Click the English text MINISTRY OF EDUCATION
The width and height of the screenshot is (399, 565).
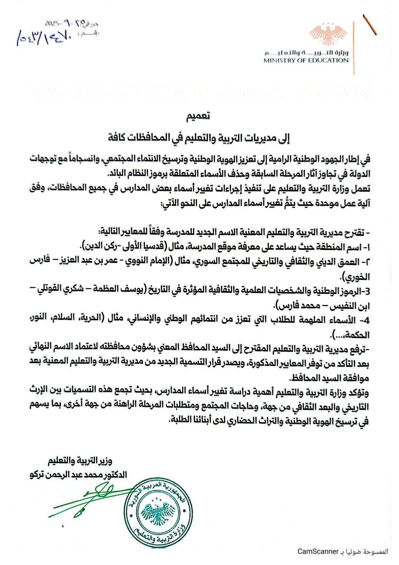click(x=306, y=61)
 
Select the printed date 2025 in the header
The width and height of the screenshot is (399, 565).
click(x=52, y=24)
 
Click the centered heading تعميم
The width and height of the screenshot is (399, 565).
click(x=198, y=116)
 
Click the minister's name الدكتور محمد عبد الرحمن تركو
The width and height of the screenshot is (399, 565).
click(x=78, y=475)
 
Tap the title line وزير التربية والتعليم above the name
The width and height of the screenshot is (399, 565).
click(x=80, y=461)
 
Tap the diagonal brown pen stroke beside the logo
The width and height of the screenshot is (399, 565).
click(x=370, y=25)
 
